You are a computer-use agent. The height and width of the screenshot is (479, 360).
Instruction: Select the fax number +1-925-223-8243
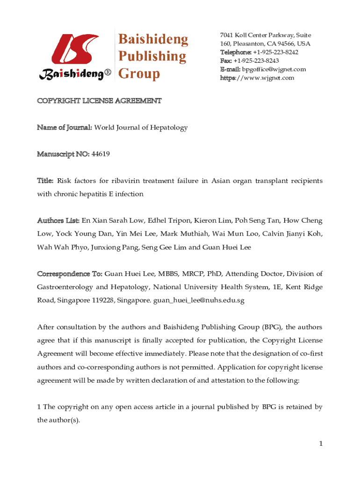tap(256, 61)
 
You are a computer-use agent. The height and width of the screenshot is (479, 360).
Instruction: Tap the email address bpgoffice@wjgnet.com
tap(274, 69)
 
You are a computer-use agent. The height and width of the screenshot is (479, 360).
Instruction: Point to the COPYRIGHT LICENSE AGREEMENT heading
tap(100, 101)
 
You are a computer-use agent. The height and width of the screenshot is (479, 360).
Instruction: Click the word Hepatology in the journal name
tap(167, 127)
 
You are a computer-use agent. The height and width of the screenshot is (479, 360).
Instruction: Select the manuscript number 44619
tap(101, 154)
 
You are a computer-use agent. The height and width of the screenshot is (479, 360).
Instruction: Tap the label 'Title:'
tap(45, 181)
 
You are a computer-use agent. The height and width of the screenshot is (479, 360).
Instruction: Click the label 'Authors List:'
tap(58, 220)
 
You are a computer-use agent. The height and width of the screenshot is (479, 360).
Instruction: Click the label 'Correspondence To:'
tap(70, 274)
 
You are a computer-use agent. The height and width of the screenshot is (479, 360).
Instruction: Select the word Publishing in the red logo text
tap(151, 57)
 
